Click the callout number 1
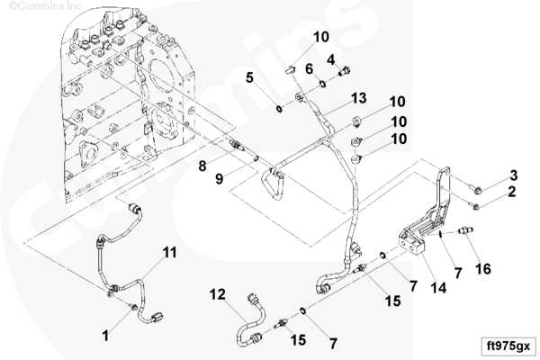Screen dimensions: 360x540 coord(105,336)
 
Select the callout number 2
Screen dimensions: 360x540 coord(512,192)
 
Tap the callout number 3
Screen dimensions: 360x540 coord(512,174)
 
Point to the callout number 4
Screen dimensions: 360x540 coord(331,59)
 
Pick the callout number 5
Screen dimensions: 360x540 coord(249,77)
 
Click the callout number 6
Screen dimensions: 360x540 coord(309,68)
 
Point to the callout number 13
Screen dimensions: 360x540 coord(358,97)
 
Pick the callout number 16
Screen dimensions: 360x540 coord(483,268)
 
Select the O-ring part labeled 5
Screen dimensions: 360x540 coord(281,109)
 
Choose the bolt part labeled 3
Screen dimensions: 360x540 coord(479,189)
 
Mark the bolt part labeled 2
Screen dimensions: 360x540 coord(477,206)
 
